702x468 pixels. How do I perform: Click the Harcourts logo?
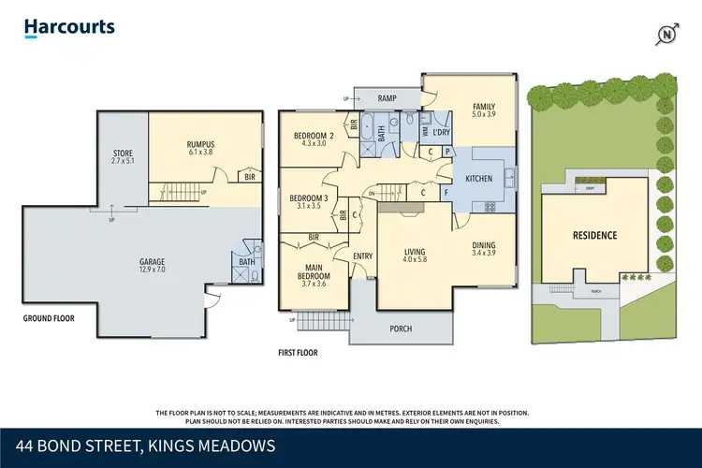pyautogui.click(x=69, y=26)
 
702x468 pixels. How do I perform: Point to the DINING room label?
pyautogui.click(x=484, y=248)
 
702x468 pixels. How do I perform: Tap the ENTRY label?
pyautogui.click(x=362, y=256)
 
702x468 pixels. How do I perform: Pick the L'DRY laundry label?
pyautogui.click(x=442, y=131)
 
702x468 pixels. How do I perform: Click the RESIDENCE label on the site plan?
pyautogui.click(x=594, y=235)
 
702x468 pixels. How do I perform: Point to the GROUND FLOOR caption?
pyautogui.click(x=48, y=318)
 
